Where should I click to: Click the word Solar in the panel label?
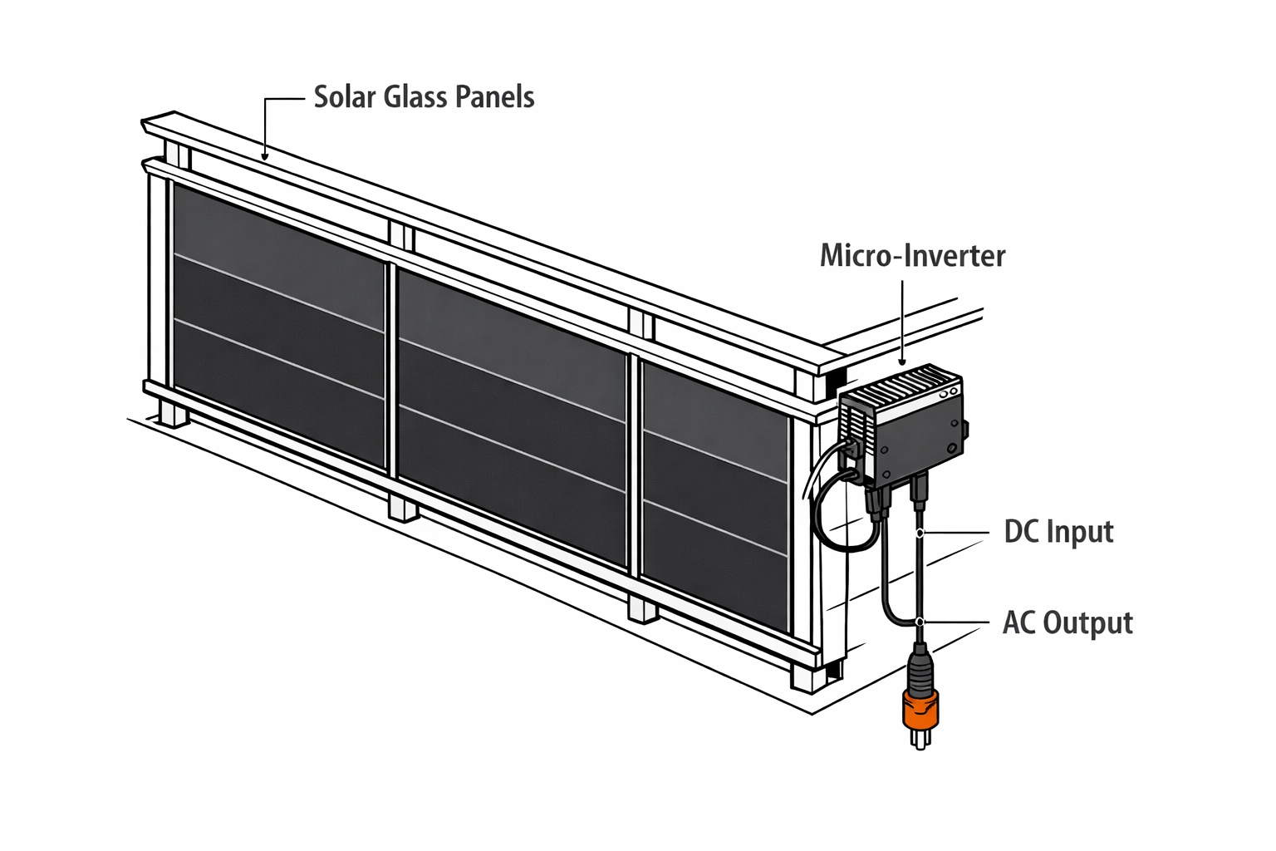click(345, 97)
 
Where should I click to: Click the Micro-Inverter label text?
click(912, 255)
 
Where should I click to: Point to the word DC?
click(1021, 532)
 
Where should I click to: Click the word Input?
click(1079, 533)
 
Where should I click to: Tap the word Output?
click(1087, 623)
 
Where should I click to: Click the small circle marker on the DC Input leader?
click(920, 532)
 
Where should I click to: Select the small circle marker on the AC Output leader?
click(920, 622)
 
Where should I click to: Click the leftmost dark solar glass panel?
click(278, 324)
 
